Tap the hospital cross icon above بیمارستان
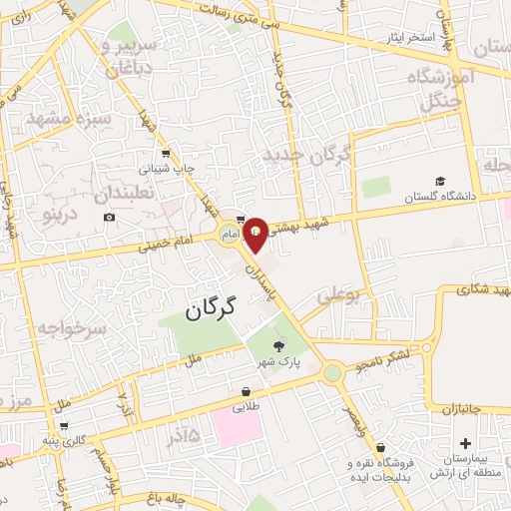coord(465,443)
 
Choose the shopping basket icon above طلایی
coord(246,392)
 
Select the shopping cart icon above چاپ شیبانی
coord(166,154)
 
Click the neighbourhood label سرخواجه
coord(72,328)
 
